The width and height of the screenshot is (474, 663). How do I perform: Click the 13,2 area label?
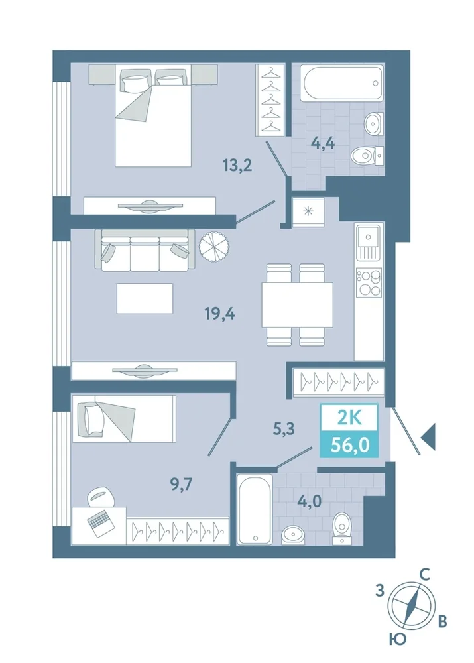(x=237, y=165)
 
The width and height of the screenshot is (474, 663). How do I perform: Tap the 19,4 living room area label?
(x=219, y=314)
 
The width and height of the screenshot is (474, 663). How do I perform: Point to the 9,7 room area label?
(x=182, y=483)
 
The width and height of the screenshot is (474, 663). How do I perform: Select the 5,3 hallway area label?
(x=283, y=429)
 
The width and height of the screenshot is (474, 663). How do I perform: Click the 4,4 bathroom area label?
(x=323, y=143)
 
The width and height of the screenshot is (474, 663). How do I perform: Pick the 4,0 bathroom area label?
(x=309, y=501)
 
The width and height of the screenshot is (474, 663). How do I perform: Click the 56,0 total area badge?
(x=349, y=445)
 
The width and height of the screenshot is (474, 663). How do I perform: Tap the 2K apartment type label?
(x=349, y=418)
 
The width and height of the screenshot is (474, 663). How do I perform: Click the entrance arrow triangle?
(x=428, y=436)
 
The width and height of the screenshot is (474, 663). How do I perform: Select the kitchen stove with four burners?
(x=369, y=282)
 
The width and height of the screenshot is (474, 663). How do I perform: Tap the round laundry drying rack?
(x=215, y=246)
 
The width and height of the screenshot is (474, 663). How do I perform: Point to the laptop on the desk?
(x=101, y=524)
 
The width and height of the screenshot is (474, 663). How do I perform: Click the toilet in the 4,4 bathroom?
(x=367, y=156)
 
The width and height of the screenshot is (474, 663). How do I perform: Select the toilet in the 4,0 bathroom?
(x=342, y=528)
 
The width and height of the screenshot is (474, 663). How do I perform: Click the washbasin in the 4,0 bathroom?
(x=293, y=534)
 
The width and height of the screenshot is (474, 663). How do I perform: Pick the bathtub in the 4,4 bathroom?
(x=341, y=82)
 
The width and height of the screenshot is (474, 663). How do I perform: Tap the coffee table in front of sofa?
(x=145, y=298)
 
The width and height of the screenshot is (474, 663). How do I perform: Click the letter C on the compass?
(x=424, y=575)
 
